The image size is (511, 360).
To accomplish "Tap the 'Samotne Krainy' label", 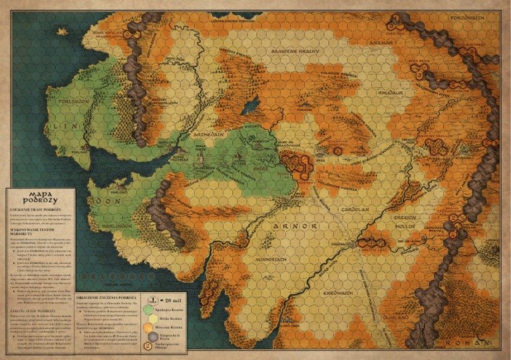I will click(291, 51).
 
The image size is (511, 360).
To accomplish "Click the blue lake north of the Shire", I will click(252, 105).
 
